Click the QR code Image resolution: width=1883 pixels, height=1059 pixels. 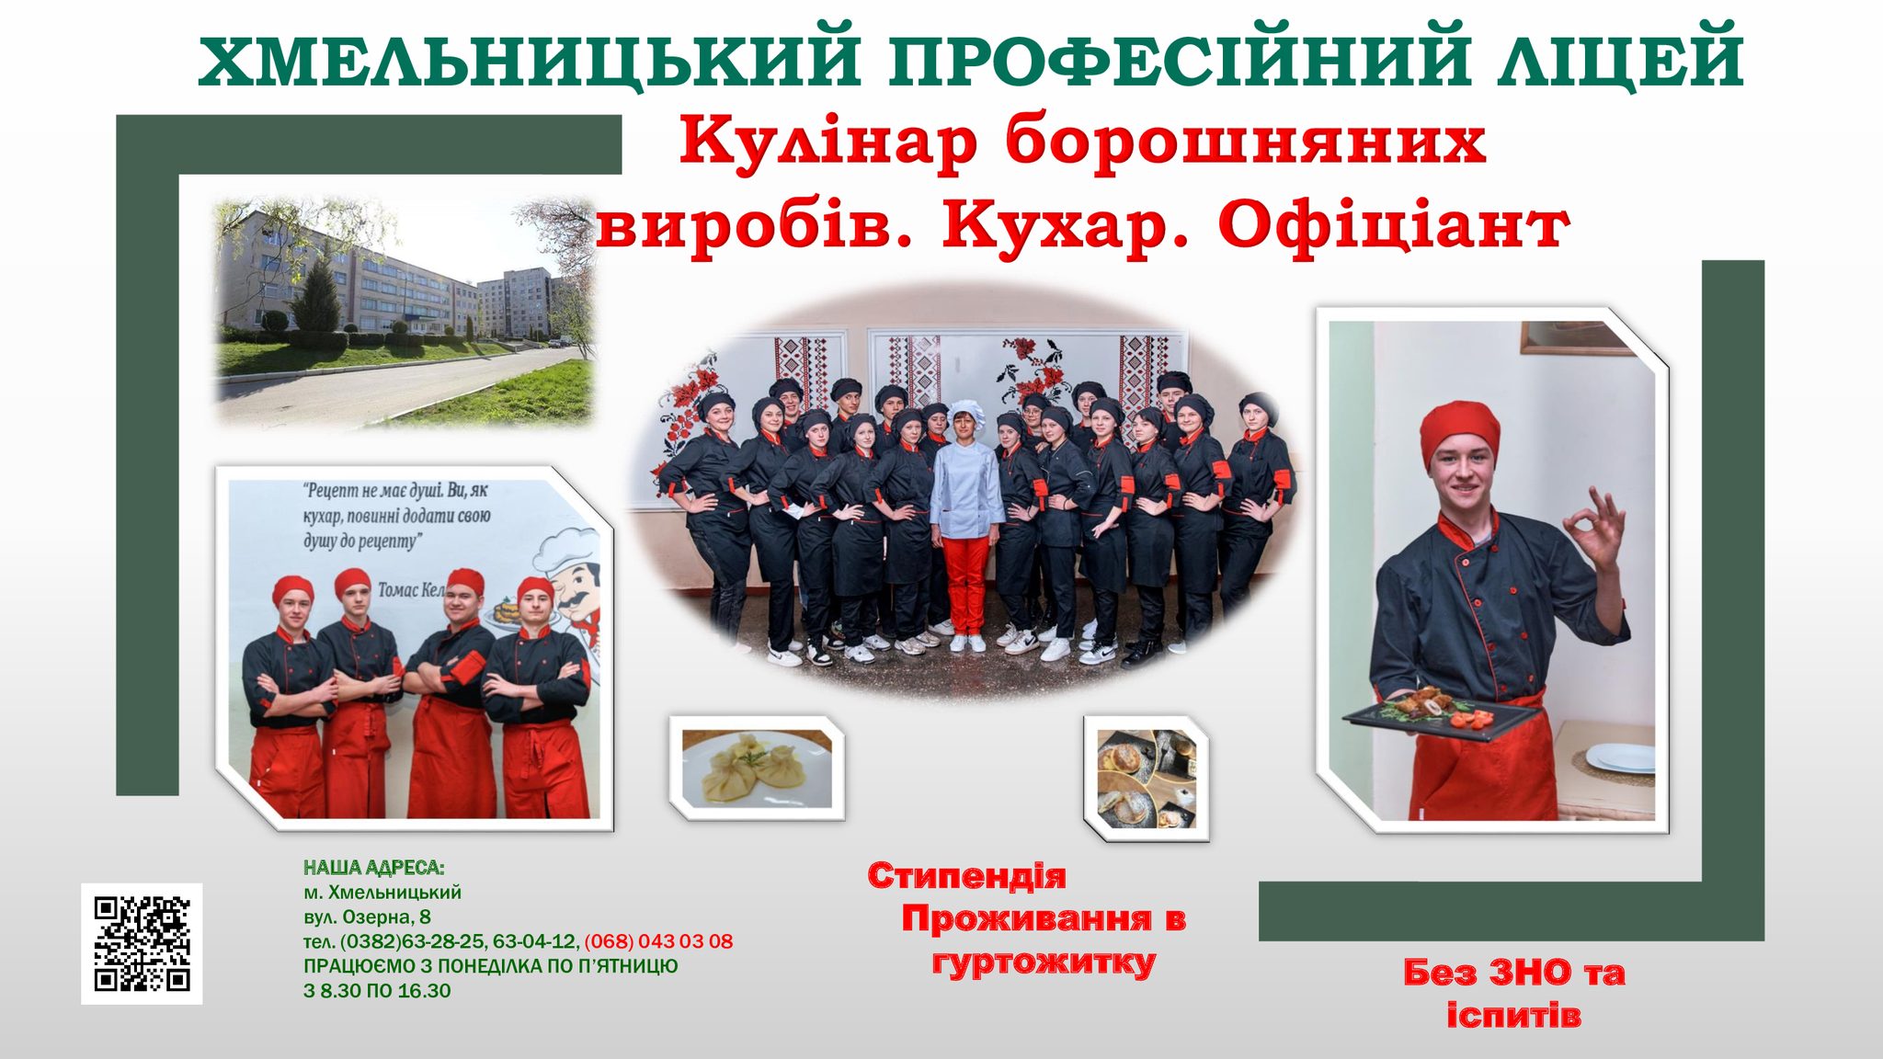(x=142, y=943)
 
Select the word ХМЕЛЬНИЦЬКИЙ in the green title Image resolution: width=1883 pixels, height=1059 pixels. (x=529, y=62)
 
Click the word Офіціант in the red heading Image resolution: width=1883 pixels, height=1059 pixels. (x=1394, y=225)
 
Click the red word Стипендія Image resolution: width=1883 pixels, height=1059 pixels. (x=966, y=876)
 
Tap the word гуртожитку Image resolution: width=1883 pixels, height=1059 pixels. (x=1044, y=962)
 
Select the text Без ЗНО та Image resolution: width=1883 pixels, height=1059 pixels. (x=1513, y=973)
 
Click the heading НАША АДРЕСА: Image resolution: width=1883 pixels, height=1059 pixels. (x=374, y=868)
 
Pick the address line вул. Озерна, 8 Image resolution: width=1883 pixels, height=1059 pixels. (x=367, y=917)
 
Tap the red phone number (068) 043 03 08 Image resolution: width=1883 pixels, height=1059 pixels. (x=658, y=941)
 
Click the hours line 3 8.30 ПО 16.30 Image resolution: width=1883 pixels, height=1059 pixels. (x=377, y=991)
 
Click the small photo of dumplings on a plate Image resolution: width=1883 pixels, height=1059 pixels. (x=757, y=769)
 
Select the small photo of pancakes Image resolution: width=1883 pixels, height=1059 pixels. (x=1146, y=778)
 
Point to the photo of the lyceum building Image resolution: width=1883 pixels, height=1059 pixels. (x=405, y=313)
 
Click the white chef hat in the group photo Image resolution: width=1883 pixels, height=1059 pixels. (x=965, y=413)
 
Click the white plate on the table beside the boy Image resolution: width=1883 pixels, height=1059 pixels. (x=1620, y=758)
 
